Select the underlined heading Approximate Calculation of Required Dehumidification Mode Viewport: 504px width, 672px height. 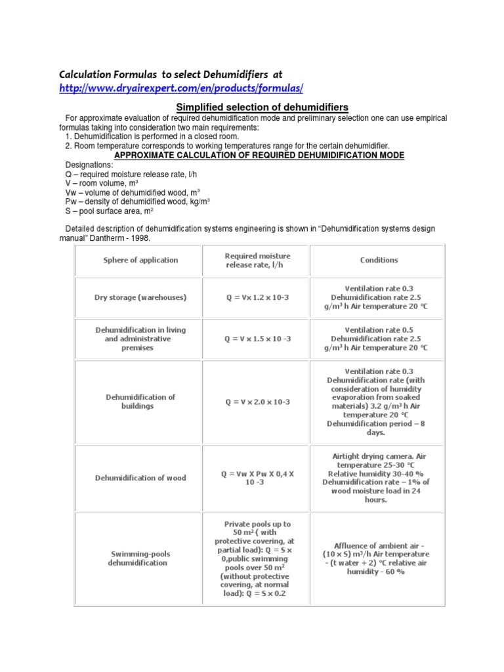pyautogui.click(x=259, y=155)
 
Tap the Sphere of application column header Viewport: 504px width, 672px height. pyautogui.click(x=140, y=260)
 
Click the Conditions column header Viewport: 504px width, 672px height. pyautogui.click(x=379, y=260)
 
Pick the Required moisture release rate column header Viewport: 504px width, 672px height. pyautogui.click(x=257, y=260)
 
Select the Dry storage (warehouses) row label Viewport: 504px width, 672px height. pyautogui.click(x=140, y=297)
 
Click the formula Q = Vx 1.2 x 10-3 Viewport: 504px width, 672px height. pyautogui.click(x=257, y=297)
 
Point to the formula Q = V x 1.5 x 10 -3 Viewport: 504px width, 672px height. pyautogui.click(x=257, y=339)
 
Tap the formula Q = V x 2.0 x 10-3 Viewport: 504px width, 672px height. pyautogui.click(x=257, y=402)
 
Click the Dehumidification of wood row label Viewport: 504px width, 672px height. pyautogui.click(x=140, y=478)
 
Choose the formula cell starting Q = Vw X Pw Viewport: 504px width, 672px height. pyautogui.click(x=257, y=478)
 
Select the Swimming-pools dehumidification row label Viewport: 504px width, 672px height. pyautogui.click(x=140, y=558)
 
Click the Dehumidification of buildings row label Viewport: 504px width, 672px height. pyautogui.click(x=140, y=402)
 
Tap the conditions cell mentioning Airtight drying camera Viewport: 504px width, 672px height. pyautogui.click(x=378, y=478)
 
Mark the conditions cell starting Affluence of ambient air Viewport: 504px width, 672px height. pyautogui.click(x=378, y=558)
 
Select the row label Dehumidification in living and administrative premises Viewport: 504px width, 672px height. pyautogui.click(x=140, y=339)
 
